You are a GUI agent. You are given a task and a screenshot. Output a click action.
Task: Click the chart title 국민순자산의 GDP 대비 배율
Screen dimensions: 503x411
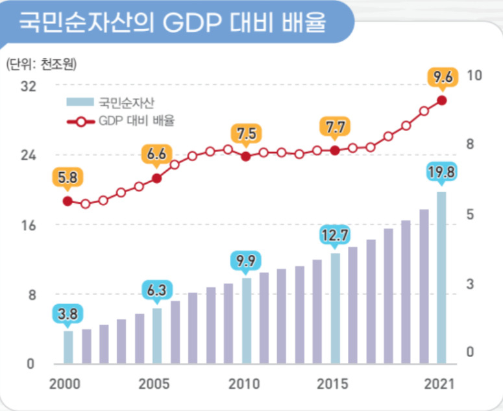click(x=173, y=23)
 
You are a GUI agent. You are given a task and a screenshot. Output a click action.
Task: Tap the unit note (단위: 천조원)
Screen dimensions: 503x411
click(x=42, y=64)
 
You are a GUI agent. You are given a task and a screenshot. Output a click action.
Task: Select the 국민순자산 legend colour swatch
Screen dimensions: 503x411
click(x=80, y=102)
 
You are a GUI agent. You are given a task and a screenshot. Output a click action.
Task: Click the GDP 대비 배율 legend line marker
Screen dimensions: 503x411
click(x=81, y=122)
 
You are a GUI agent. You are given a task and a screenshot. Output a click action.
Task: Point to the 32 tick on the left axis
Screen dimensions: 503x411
click(x=28, y=86)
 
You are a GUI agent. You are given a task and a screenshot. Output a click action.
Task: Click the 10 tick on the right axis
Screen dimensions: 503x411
click(x=474, y=75)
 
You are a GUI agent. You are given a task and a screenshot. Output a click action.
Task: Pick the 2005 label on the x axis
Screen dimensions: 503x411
click(x=154, y=384)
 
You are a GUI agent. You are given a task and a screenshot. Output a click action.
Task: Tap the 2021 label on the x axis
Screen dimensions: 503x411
click(x=439, y=384)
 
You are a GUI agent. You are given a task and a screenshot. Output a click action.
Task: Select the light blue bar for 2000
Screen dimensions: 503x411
click(x=68, y=347)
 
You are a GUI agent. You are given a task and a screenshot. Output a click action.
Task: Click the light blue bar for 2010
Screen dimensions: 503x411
click(x=247, y=321)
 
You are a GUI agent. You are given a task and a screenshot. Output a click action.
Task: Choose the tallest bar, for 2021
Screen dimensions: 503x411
click(x=441, y=278)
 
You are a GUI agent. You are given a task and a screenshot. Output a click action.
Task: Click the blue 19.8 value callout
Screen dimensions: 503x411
click(x=441, y=173)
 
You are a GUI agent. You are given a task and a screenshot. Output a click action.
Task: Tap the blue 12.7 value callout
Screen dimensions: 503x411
click(x=335, y=236)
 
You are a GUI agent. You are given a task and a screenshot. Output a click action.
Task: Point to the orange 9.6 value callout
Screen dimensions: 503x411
click(x=443, y=79)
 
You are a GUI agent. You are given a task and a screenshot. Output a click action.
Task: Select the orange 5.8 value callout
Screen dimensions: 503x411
click(x=67, y=179)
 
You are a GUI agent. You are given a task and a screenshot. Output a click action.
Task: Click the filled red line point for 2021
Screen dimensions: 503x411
click(x=442, y=101)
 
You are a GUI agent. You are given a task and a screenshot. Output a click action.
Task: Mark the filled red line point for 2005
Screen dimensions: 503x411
click(x=157, y=179)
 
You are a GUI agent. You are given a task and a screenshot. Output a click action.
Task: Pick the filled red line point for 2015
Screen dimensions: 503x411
click(x=335, y=151)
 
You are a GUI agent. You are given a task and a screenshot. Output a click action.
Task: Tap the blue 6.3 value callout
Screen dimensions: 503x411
click(x=157, y=292)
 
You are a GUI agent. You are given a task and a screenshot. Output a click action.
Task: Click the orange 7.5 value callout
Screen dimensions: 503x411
click(x=247, y=135)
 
